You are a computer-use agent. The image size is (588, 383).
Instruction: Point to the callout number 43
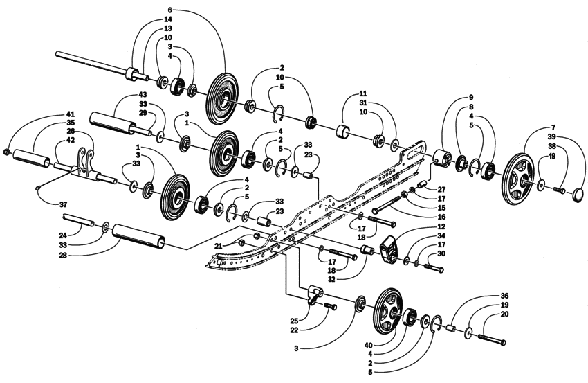[143, 94]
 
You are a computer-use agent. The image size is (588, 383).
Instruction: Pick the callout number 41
[70, 114]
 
